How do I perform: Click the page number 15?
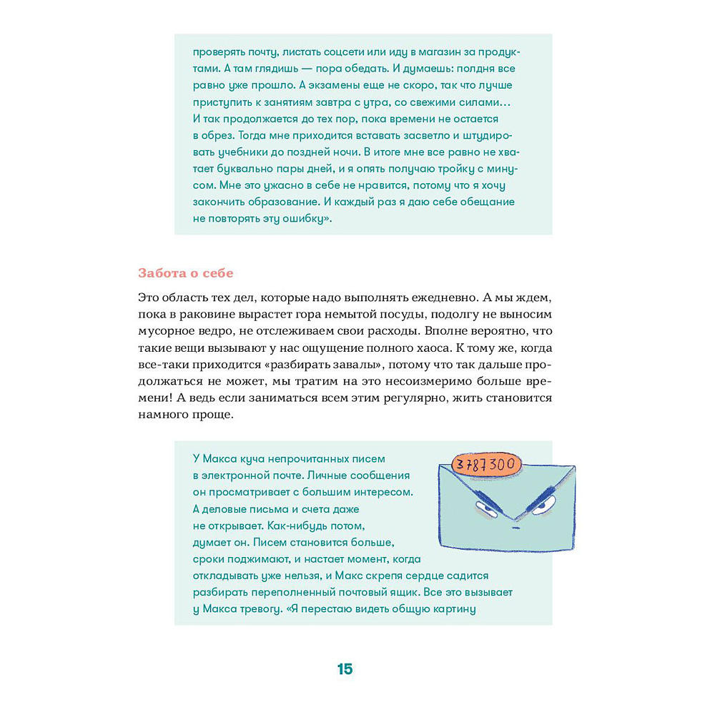point(345,669)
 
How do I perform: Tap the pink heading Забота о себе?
point(185,273)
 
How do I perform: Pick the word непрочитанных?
point(313,458)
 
